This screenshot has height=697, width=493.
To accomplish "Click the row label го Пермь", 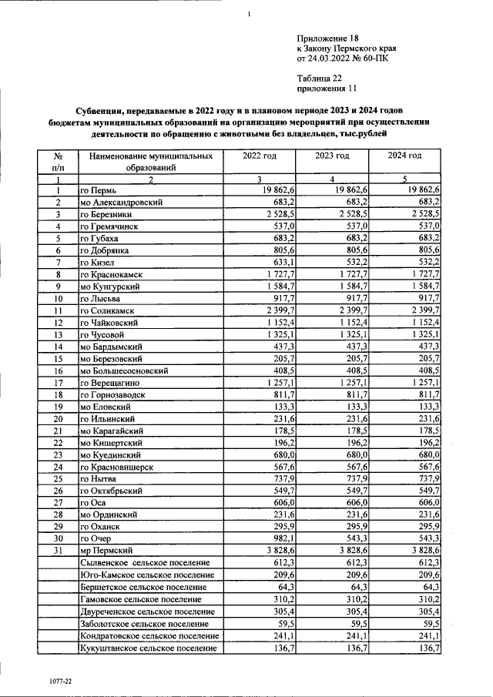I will click(x=99, y=190).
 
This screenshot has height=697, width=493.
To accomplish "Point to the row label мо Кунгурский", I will click(x=111, y=286).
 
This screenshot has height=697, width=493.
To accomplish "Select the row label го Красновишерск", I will click(x=116, y=467).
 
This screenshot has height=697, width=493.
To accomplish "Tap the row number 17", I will click(x=57, y=383).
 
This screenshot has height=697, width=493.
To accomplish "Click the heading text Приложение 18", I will click(x=327, y=38).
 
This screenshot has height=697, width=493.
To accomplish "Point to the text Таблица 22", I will click(x=319, y=78).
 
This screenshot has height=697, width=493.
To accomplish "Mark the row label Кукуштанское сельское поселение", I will click(x=148, y=649).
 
